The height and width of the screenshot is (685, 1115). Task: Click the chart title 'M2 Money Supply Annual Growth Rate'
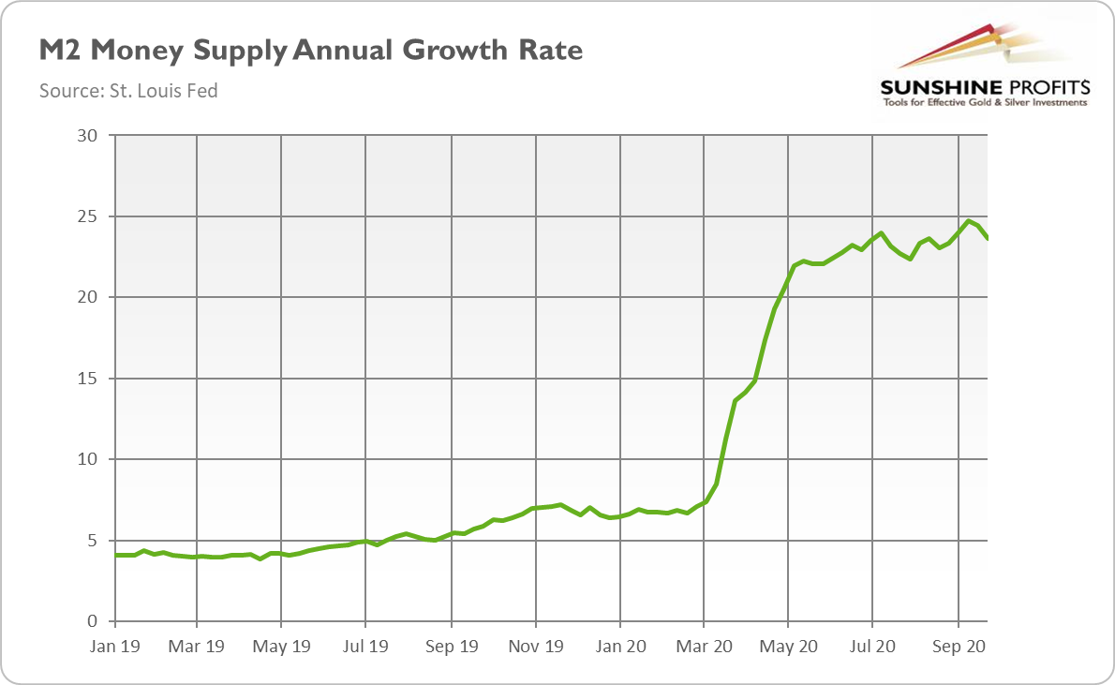310,51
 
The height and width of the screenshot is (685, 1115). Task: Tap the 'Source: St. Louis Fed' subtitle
128,91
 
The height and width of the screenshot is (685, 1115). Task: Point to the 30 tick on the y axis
87,136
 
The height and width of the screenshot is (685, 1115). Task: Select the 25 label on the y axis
87,216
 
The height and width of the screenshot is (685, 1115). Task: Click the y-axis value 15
87,379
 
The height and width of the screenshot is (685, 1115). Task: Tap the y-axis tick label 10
87,459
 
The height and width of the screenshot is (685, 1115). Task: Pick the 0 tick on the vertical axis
92,621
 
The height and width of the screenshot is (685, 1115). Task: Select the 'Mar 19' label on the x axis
197,646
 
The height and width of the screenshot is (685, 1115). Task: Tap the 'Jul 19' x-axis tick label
365,646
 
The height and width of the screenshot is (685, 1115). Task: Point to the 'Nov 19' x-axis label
536,646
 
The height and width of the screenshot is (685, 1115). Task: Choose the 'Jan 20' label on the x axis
619,646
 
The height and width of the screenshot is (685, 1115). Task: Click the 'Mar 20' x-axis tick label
704,646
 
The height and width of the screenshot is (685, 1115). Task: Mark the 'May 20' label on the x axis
789,646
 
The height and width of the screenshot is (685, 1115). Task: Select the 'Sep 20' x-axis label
959,646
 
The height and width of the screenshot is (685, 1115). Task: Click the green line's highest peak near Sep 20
969,221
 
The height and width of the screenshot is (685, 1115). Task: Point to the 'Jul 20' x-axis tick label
872,646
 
